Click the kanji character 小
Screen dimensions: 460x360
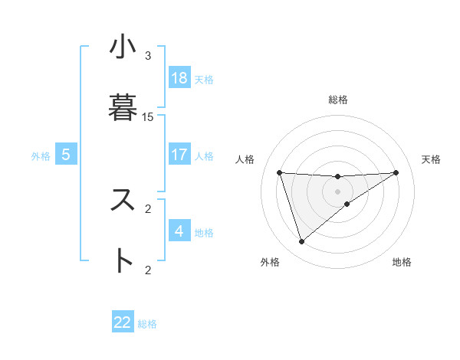click(x=123, y=48)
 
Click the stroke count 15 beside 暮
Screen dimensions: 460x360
click(x=148, y=117)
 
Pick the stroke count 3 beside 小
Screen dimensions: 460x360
click(x=148, y=56)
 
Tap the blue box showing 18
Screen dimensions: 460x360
click(x=179, y=78)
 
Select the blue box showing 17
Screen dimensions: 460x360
click(x=179, y=155)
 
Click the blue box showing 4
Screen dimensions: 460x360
click(x=179, y=231)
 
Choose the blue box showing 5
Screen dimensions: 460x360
click(x=66, y=155)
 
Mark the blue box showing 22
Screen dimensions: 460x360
click(x=123, y=322)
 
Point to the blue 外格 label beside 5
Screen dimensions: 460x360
click(x=41, y=156)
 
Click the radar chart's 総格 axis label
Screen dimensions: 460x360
click(x=338, y=100)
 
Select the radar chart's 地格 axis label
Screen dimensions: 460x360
click(x=402, y=262)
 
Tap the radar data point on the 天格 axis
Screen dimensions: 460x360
click(x=396, y=172)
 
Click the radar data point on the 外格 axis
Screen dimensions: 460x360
click(x=301, y=242)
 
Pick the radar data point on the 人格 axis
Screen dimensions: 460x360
click(x=279, y=172)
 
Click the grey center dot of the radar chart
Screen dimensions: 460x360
click(x=338, y=191)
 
